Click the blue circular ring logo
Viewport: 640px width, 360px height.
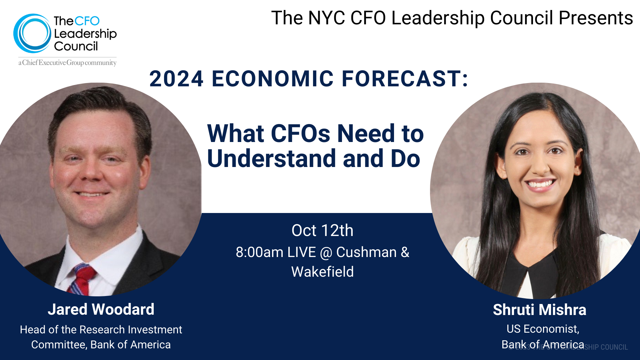(32, 33)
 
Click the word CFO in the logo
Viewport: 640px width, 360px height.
(87, 21)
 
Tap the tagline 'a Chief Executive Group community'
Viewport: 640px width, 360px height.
(67, 63)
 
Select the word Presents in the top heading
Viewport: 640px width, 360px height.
(596, 18)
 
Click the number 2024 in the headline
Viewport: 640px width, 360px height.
(176, 79)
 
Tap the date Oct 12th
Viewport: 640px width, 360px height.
(322, 230)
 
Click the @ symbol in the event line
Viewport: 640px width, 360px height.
(326, 253)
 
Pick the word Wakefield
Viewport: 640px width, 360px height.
(322, 272)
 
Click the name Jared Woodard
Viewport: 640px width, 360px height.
(101, 309)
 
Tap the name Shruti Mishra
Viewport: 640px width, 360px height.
(539, 310)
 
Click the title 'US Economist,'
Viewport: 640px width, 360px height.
(543, 329)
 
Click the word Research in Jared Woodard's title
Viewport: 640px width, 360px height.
(102, 330)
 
